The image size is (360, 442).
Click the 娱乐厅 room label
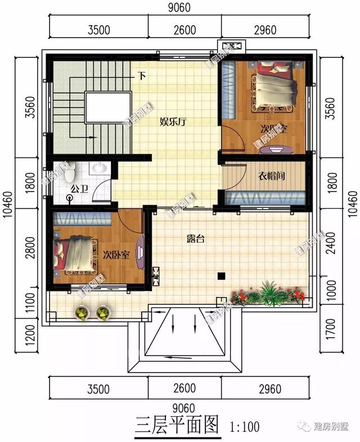(x=173, y=121)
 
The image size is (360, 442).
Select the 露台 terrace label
(x=196, y=239)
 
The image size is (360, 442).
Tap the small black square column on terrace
(x=222, y=276)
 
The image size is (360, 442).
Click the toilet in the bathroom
(x=70, y=198)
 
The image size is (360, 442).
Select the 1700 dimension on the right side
(x=331, y=329)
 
